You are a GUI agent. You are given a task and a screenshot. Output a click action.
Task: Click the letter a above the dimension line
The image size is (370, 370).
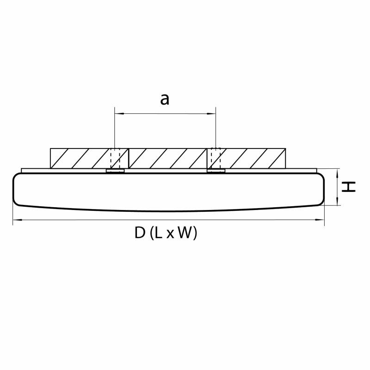(165, 99)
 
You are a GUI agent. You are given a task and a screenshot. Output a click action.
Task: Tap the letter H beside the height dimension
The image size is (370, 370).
(349, 187)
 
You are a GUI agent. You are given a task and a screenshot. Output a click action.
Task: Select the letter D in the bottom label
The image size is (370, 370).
(140, 233)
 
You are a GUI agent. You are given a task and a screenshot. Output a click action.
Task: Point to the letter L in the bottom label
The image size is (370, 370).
(159, 233)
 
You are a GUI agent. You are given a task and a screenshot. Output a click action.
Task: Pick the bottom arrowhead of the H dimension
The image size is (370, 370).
(338, 201)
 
